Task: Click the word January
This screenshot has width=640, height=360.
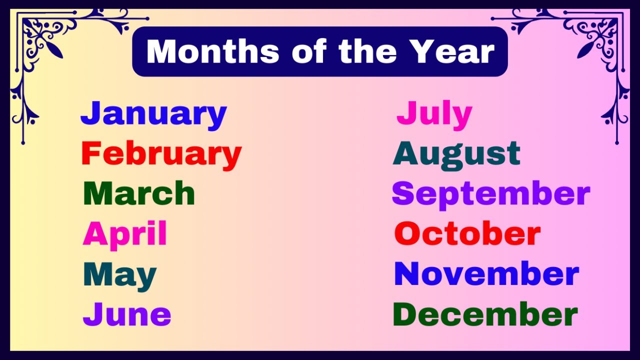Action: (153, 114)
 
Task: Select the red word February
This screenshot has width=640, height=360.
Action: (161, 154)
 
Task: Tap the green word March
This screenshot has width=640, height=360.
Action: (139, 193)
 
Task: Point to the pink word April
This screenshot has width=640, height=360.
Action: (125, 234)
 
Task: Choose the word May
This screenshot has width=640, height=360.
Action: (120, 275)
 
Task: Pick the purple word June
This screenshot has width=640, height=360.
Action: (127, 314)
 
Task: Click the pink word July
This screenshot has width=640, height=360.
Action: (434, 114)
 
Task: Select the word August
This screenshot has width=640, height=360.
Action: (456, 154)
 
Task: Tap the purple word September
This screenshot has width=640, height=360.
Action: (490, 194)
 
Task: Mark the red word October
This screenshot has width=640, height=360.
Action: (467, 233)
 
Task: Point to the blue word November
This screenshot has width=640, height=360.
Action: (486, 274)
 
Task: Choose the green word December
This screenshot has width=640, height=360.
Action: (485, 314)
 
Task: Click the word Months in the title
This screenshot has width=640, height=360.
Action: (213, 51)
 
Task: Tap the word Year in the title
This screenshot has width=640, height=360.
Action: (452, 51)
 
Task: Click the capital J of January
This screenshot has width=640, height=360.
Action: (89, 113)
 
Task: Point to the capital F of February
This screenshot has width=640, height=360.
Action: (90, 153)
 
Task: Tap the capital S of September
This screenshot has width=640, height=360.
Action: (402, 193)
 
